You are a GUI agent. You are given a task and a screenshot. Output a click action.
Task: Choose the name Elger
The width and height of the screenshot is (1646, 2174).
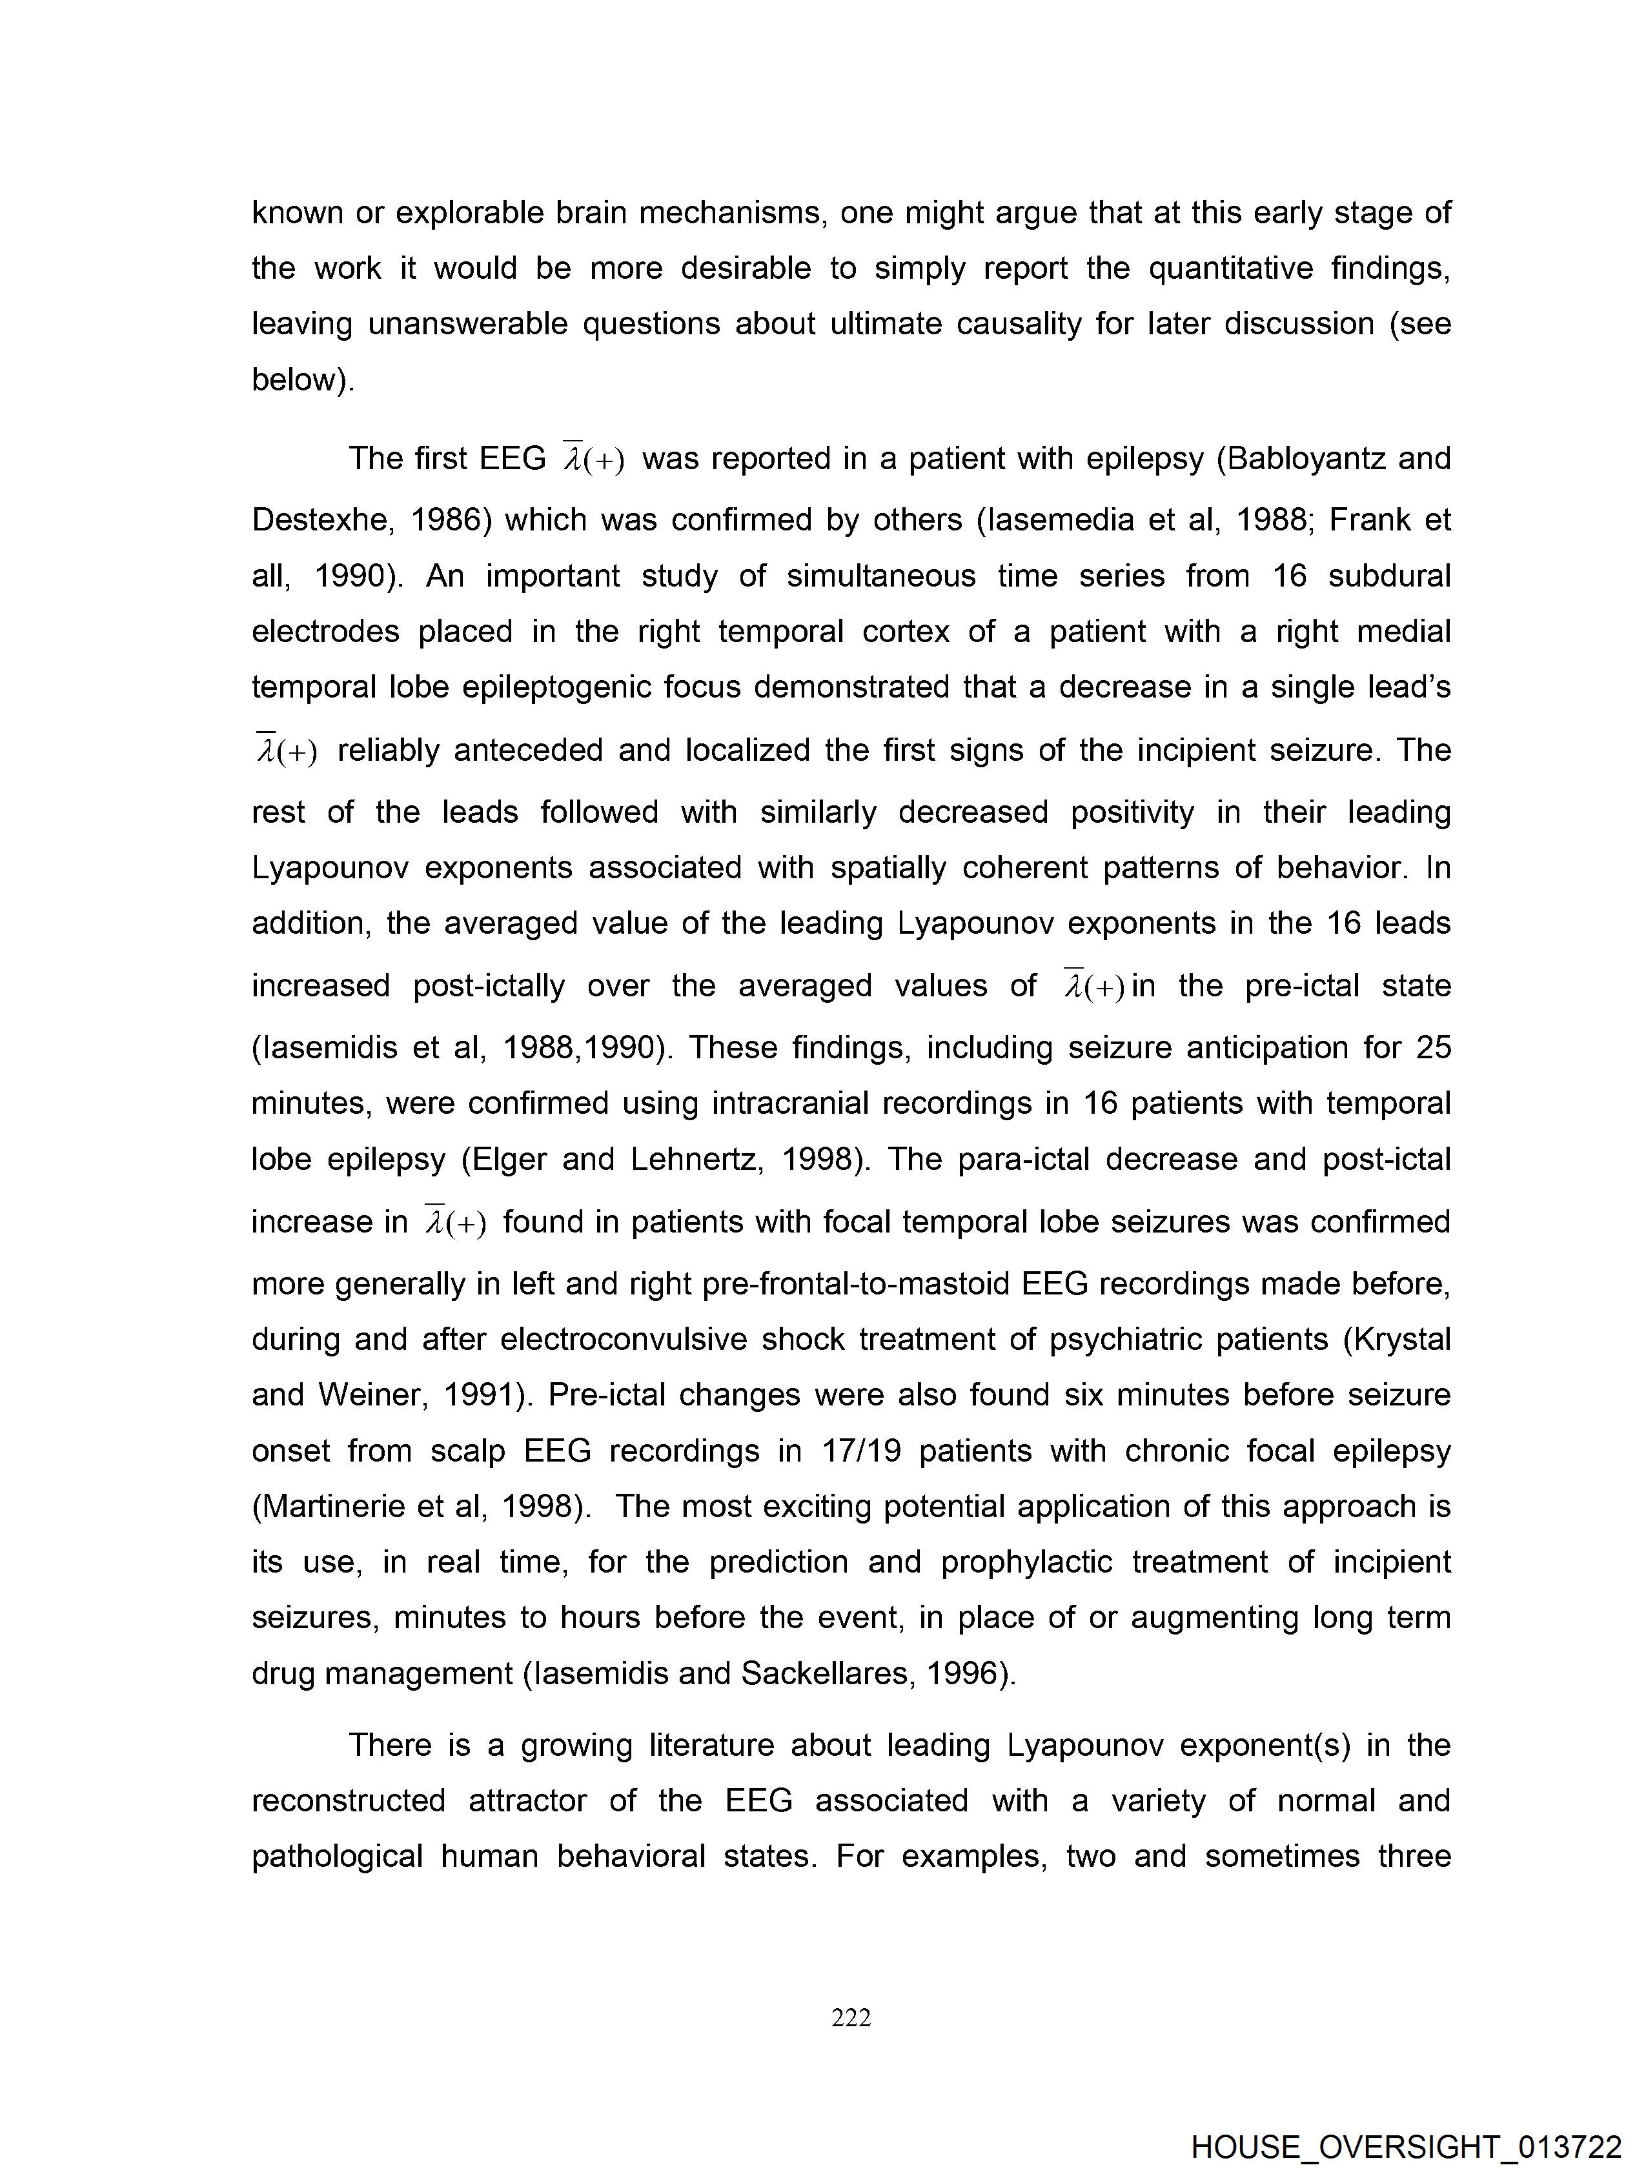(511, 1160)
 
